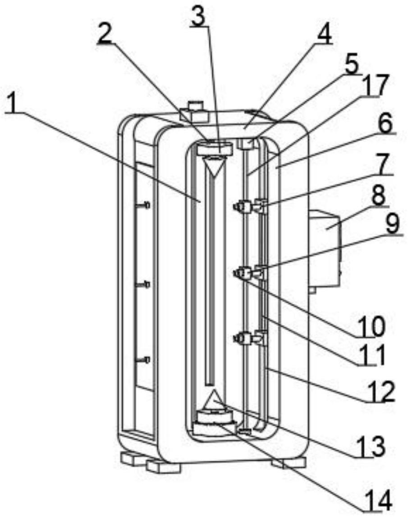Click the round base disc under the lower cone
point(215,423)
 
